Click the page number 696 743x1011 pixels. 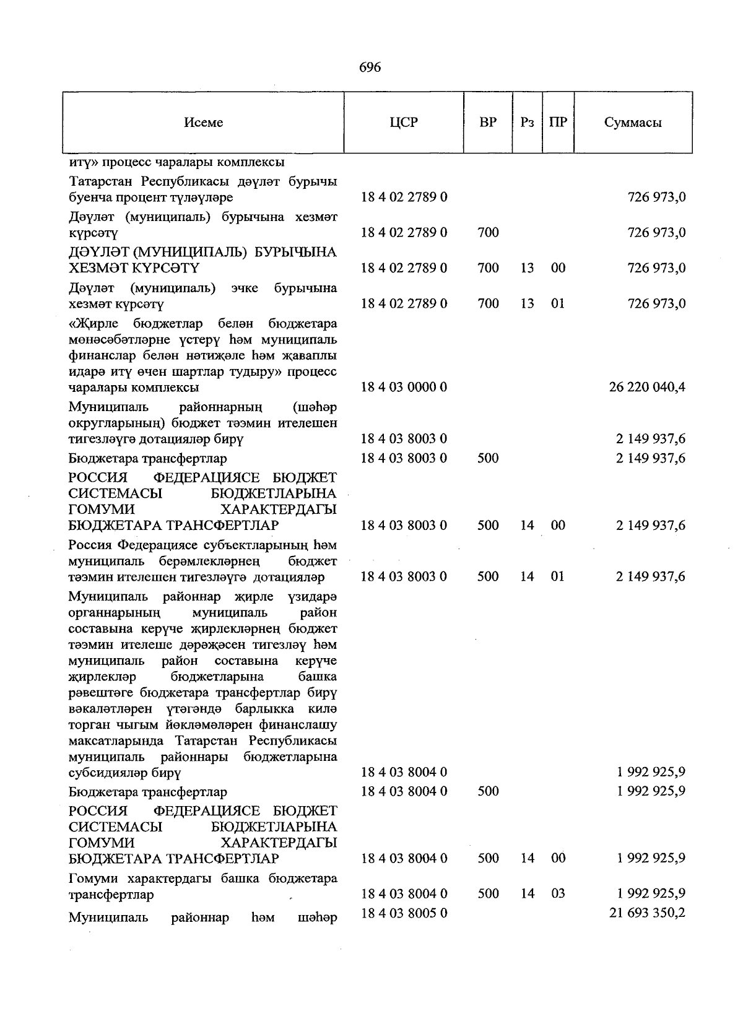(370, 67)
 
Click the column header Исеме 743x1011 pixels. (204, 123)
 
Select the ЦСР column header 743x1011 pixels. (404, 123)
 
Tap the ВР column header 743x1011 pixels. (489, 123)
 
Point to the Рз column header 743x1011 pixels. (527, 123)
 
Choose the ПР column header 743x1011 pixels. (558, 123)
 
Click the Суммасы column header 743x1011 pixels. (633, 123)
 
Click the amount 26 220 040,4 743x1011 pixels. (647, 388)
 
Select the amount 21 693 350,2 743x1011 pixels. (647, 913)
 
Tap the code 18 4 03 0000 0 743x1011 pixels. (404, 388)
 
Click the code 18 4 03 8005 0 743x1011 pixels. (404, 913)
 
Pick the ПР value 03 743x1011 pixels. (558, 893)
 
